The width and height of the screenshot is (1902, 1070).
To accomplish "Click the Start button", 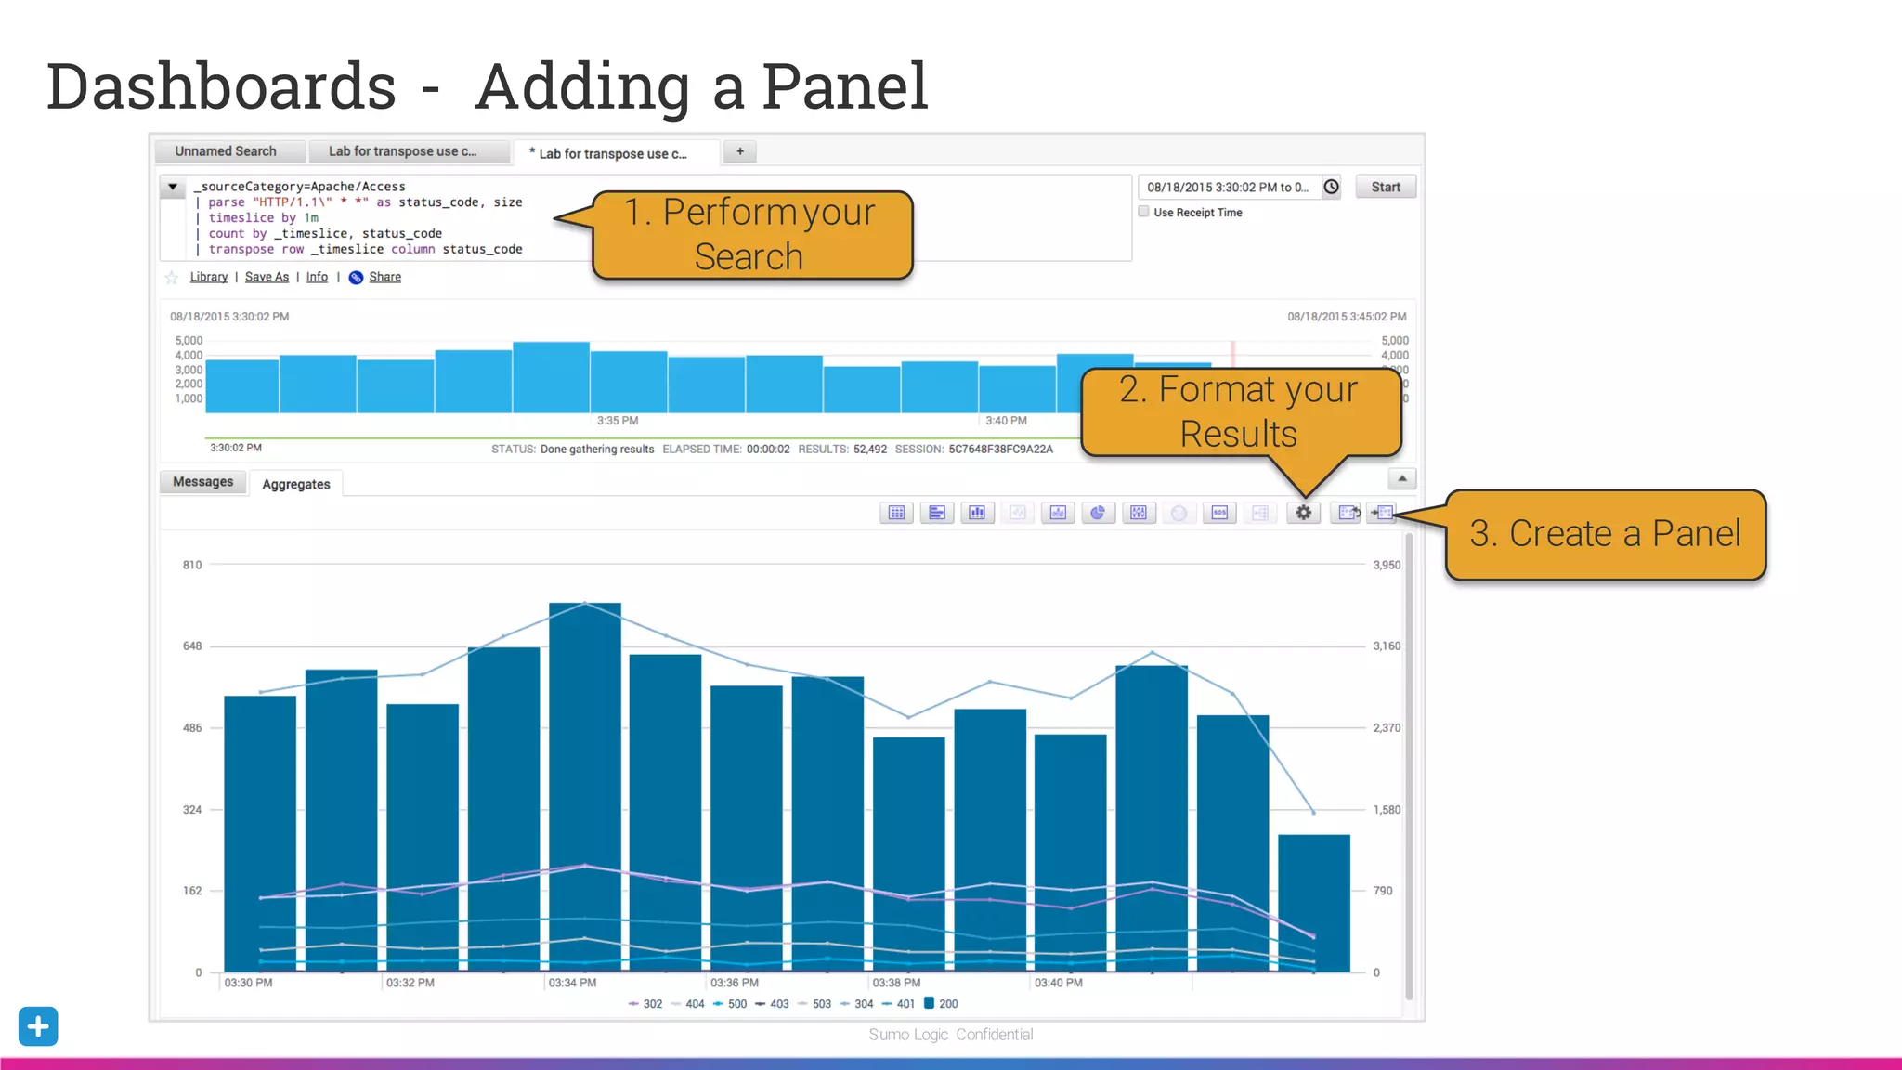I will (x=1385, y=187).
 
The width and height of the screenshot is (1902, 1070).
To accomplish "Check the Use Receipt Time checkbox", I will (x=1144, y=212).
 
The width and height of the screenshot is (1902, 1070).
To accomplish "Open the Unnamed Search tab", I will (x=226, y=151).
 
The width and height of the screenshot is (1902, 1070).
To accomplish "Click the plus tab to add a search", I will (x=740, y=151).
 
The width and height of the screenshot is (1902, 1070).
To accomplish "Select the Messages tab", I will (x=202, y=482).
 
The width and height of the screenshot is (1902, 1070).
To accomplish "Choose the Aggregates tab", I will (x=295, y=484).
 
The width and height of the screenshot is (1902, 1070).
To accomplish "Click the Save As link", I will (x=267, y=277).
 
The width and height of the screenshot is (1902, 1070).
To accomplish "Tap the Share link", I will (x=384, y=277).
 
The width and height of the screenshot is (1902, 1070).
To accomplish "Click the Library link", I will (x=208, y=277).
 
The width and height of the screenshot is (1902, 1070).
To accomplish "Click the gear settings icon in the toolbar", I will (x=1303, y=513).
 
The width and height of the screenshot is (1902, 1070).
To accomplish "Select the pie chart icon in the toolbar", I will (x=1098, y=513).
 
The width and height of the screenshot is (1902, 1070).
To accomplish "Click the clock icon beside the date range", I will (x=1331, y=187).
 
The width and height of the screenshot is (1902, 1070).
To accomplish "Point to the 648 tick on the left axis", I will (x=191, y=646).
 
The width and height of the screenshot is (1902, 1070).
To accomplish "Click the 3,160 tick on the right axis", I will (x=1387, y=646).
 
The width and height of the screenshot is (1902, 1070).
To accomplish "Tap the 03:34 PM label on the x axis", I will (x=572, y=983).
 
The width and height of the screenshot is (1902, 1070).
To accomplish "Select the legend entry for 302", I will (x=646, y=1004).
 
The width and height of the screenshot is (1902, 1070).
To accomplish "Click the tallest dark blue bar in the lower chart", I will (x=584, y=789).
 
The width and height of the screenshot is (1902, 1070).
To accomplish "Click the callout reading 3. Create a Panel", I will (x=1605, y=534).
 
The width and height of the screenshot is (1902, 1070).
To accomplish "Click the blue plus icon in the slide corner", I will (x=38, y=1026).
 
